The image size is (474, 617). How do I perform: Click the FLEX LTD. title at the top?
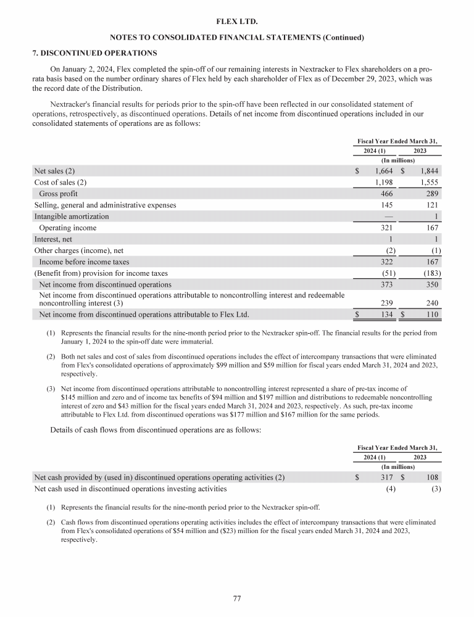point(237,22)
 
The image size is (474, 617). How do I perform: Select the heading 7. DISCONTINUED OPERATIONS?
point(94,52)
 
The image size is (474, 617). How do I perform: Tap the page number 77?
point(237,598)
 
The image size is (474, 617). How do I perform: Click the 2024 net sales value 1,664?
point(383,171)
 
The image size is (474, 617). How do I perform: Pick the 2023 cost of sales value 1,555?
point(430,182)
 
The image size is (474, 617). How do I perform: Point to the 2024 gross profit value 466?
point(386,194)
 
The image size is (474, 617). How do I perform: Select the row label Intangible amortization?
point(72,217)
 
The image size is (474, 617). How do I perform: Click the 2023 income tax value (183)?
point(430,273)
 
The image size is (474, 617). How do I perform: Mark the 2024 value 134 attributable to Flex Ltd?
point(386,315)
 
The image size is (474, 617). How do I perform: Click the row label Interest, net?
point(54,239)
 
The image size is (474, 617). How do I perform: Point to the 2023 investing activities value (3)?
point(435,489)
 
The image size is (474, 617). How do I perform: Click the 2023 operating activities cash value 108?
point(431,477)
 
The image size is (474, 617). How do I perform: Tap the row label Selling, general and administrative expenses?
point(105,205)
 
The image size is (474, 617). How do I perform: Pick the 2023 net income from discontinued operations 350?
point(431,285)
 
